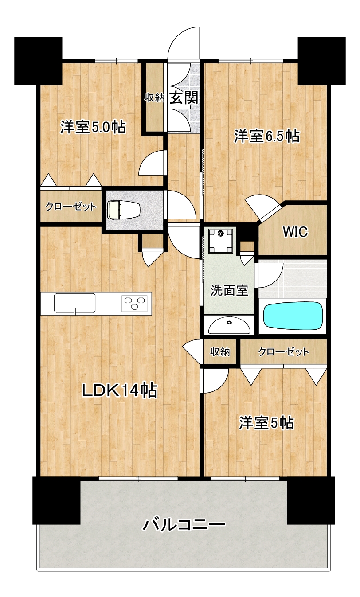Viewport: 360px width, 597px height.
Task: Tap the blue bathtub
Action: click(x=293, y=316)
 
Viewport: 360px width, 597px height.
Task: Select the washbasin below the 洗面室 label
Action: click(x=229, y=325)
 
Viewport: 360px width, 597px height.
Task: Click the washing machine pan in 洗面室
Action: click(x=220, y=241)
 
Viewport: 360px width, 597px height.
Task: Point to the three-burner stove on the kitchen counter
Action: click(x=134, y=303)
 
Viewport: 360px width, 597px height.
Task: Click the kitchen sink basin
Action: click(x=74, y=303)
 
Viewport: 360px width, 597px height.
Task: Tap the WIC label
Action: click(x=295, y=232)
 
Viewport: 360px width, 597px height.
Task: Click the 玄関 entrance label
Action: click(x=184, y=98)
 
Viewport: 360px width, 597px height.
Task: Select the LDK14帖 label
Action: click(x=119, y=391)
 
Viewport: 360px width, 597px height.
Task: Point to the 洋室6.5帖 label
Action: click(x=266, y=136)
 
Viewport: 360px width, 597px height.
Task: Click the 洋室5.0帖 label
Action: click(x=93, y=127)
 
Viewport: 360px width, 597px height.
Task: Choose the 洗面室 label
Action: click(x=229, y=290)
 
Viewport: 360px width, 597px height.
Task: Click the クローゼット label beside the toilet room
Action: click(x=71, y=207)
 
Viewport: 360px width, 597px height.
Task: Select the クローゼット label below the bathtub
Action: click(x=283, y=352)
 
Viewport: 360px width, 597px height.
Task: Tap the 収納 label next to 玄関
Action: click(x=154, y=98)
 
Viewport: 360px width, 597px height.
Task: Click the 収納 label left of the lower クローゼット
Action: click(x=220, y=352)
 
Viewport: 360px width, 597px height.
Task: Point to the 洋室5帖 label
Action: click(x=266, y=423)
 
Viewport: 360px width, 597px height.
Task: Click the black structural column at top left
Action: click(x=38, y=61)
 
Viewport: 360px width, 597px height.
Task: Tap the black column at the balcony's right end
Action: click(x=310, y=500)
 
